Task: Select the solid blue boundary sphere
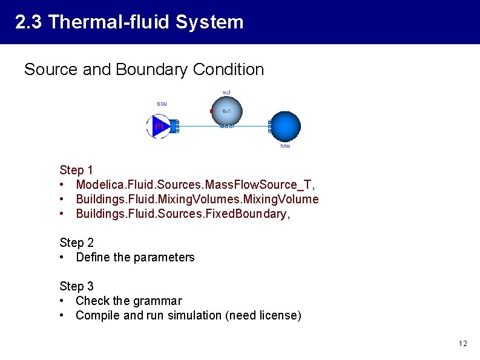pos(284,126)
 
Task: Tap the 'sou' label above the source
pos(162,103)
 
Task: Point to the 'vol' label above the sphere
pos(226,92)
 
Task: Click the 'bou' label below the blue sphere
pos(285,146)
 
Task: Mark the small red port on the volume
pos(211,111)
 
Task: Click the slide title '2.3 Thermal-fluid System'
pos(130,22)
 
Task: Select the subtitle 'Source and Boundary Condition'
pos(144,70)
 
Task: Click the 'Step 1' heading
pos(76,170)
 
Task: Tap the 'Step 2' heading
pos(76,243)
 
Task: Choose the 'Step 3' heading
pos(76,286)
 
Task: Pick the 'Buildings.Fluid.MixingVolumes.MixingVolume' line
pos(197,199)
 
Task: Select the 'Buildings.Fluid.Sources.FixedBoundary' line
pos(182,214)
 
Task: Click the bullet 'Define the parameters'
pos(135,257)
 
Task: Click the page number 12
pos(463,344)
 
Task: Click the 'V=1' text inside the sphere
pos(226,111)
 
